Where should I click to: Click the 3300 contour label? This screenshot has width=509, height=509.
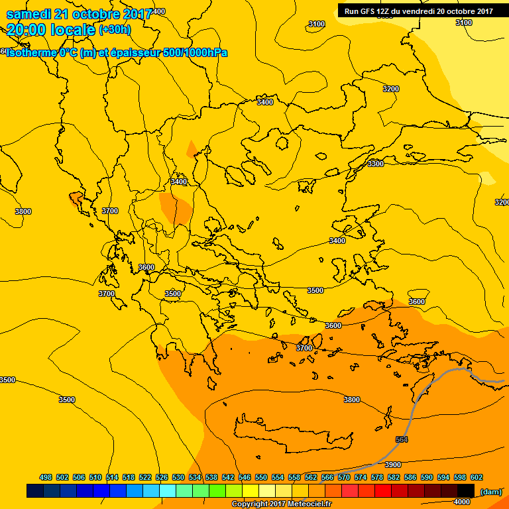[375, 164]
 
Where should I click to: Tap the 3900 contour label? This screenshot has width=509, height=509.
[393, 465]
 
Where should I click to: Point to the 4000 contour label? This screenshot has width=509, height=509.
[461, 502]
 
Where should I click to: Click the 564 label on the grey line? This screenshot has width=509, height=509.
[401, 439]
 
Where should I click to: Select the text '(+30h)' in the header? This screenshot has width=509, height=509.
[115, 29]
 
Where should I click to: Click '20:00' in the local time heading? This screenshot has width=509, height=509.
[28, 29]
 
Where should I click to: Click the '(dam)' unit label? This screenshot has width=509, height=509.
[490, 491]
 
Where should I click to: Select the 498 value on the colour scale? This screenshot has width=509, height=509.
[46, 477]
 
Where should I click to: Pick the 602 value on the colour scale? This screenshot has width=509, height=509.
[477, 477]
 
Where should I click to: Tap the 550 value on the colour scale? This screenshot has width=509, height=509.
[261, 477]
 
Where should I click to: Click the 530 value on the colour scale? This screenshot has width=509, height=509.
[178, 477]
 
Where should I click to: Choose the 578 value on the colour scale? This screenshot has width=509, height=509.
[377, 477]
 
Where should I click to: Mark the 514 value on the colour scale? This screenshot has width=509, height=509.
[112, 477]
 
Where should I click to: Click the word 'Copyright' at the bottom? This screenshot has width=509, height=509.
[250, 504]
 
